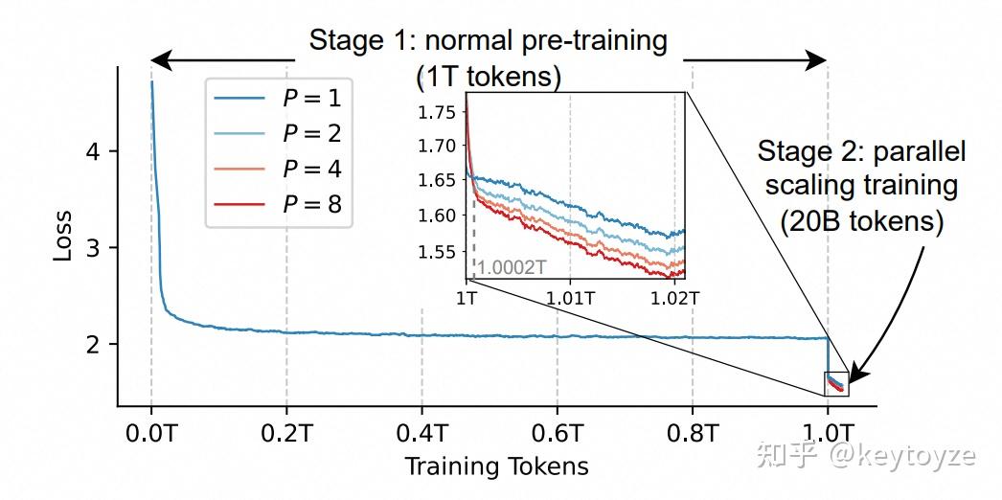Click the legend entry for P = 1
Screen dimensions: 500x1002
click(278, 97)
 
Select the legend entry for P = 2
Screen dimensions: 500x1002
click(278, 132)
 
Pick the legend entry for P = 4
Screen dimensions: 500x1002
click(278, 169)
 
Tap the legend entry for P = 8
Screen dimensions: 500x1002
click(278, 204)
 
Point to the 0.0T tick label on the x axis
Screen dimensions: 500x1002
click(151, 432)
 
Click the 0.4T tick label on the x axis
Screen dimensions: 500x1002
click(421, 432)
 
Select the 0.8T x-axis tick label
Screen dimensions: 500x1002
click(693, 432)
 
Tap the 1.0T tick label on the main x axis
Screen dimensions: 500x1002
click(828, 432)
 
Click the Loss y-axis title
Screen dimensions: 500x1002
click(62, 236)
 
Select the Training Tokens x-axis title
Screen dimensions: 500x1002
click(495, 466)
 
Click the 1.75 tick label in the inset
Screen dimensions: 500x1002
click(437, 112)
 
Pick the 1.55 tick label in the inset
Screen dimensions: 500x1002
click(437, 252)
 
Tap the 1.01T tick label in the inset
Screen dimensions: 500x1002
click(570, 297)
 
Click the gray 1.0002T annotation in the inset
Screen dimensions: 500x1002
click(512, 267)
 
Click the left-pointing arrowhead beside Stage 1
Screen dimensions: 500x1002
click(162, 61)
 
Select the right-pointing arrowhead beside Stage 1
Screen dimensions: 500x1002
click(815, 61)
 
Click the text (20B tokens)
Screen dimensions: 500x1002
click(861, 222)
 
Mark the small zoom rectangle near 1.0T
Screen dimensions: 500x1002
click(835, 383)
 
